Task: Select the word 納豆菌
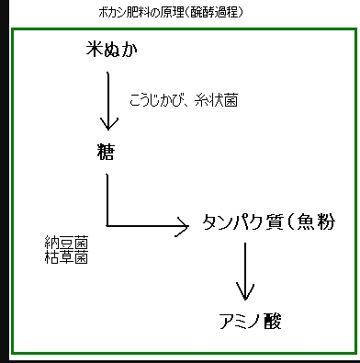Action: pyautogui.click(x=66, y=244)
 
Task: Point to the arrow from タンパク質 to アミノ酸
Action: pyautogui.click(x=244, y=271)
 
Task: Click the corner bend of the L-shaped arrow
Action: pyautogui.click(x=108, y=223)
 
